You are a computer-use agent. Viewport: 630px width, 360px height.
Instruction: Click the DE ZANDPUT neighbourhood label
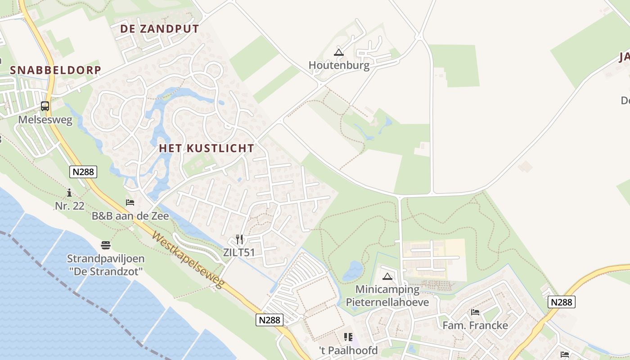click(159, 29)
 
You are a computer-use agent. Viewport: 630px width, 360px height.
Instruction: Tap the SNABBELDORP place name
click(55, 70)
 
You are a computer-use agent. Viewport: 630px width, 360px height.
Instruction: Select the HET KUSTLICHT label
click(207, 148)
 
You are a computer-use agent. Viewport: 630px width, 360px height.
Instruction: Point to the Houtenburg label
click(339, 65)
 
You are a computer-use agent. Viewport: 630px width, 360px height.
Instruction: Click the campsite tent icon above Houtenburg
click(339, 52)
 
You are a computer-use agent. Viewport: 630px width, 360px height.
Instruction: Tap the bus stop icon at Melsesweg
click(45, 106)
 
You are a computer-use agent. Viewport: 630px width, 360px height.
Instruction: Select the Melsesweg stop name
click(45, 120)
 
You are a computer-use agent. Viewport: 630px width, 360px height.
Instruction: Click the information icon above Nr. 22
click(69, 193)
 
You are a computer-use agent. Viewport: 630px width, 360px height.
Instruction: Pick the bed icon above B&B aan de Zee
click(130, 202)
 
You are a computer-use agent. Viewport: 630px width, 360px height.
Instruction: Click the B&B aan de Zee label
click(130, 216)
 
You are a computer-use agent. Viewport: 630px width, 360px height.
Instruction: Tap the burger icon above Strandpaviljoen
click(106, 245)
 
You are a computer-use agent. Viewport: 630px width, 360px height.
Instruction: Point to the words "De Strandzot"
click(106, 271)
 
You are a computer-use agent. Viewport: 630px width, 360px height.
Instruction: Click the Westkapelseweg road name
click(188, 260)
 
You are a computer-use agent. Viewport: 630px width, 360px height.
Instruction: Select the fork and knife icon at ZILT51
click(239, 239)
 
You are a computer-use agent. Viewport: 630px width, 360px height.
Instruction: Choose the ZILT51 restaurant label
click(239, 252)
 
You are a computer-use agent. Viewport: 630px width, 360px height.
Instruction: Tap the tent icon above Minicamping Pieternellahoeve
click(387, 276)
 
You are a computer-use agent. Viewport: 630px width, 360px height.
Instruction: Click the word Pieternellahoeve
click(387, 301)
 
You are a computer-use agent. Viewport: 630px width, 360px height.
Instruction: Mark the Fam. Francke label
click(475, 325)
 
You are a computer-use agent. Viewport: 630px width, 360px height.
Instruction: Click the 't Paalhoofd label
click(348, 350)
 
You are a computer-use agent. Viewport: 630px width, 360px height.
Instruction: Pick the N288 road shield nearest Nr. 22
click(83, 171)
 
